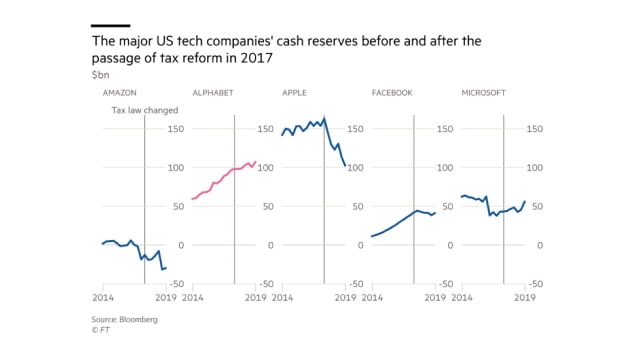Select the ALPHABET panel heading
pyautogui.click(x=211, y=93)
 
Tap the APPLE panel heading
pyautogui.click(x=294, y=93)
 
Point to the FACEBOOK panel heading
pyautogui.click(x=392, y=93)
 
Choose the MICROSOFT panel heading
pyautogui.click(x=483, y=93)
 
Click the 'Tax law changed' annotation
pyautogui.click(x=146, y=110)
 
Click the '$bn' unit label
pyautogui.click(x=98, y=74)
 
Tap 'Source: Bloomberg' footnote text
pyautogui.click(x=125, y=319)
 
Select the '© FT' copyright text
pyautogui.click(x=100, y=329)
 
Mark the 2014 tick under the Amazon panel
pyautogui.click(x=103, y=298)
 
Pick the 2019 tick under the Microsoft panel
pyautogui.click(x=524, y=298)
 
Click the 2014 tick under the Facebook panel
pyautogui.click(x=372, y=298)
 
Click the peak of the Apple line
pyautogui.click(x=324, y=117)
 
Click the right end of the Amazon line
pyautogui.click(x=166, y=267)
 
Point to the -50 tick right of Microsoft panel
pyautogui.click(x=534, y=284)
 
